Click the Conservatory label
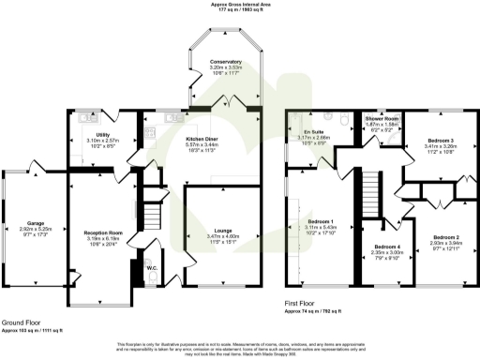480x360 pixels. [x=224, y=60]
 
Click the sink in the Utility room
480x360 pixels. [x=85, y=119]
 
